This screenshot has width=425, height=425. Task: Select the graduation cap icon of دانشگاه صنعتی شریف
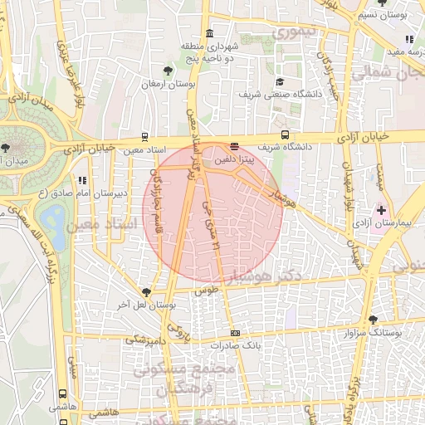[x=280, y=81]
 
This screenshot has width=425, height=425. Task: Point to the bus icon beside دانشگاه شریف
[x=285, y=134]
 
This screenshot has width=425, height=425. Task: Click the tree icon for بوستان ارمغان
[x=169, y=71]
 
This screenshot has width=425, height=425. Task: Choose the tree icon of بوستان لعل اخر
[x=147, y=292]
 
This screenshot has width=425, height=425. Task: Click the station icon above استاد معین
[x=146, y=138]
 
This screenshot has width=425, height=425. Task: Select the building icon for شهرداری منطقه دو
[x=208, y=33]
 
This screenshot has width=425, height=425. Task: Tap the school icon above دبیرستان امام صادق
[x=81, y=179]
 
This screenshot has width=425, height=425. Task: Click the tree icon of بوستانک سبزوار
[x=373, y=320]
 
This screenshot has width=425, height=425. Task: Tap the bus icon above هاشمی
[x=63, y=394]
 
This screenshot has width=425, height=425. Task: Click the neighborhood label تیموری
[x=296, y=34]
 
